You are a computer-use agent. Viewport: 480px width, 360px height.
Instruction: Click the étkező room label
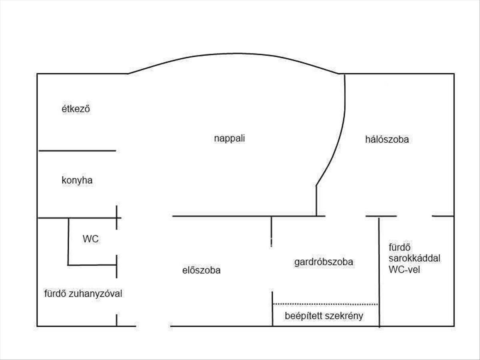click(x=76, y=109)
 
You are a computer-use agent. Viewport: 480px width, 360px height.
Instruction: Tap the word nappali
click(x=229, y=139)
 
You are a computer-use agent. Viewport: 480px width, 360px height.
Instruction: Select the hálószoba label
click(x=387, y=140)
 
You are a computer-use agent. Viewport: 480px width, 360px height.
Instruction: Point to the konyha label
click(x=77, y=180)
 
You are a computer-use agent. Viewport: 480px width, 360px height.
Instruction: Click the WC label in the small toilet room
click(x=90, y=239)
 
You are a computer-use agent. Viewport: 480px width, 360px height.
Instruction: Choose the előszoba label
click(x=201, y=270)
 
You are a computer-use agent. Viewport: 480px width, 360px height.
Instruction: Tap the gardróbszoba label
click(x=324, y=262)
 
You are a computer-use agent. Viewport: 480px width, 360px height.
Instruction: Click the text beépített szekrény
click(x=324, y=316)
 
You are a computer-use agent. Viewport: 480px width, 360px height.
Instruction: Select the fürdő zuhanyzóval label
click(x=83, y=294)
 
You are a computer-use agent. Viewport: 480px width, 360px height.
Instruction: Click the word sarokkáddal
click(x=414, y=258)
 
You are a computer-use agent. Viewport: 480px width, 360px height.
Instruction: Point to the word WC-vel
click(x=404, y=270)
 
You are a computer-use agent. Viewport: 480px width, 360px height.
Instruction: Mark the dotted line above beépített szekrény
click(x=325, y=304)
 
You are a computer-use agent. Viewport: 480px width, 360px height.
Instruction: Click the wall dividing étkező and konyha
click(x=77, y=151)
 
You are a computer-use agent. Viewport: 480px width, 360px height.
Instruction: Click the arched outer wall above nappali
click(x=234, y=54)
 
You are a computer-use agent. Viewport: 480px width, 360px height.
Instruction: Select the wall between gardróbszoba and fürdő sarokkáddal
click(x=379, y=272)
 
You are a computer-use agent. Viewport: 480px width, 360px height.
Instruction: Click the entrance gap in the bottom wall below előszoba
click(x=153, y=326)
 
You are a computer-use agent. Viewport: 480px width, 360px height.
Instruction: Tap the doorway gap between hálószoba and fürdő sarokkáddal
click(x=414, y=216)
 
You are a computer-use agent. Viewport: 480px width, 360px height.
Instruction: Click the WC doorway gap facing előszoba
click(x=116, y=242)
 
